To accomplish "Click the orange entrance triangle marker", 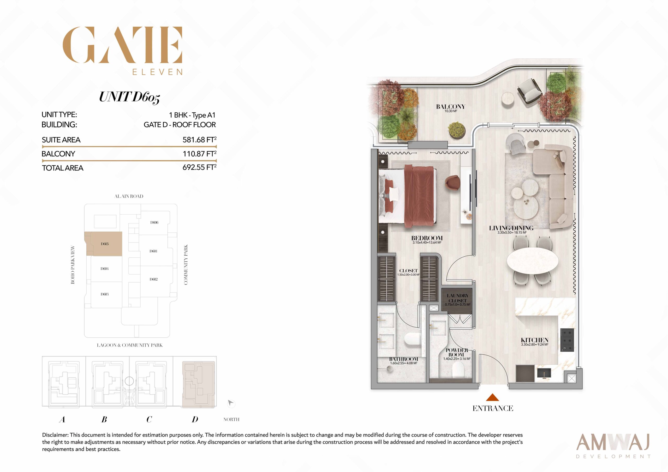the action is click(493, 397).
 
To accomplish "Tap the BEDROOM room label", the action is click(427, 238).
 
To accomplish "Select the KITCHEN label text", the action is click(534, 340).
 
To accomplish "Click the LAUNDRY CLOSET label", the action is click(457, 298).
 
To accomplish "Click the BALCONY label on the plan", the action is click(450, 107).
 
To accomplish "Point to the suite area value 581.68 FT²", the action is click(199, 140).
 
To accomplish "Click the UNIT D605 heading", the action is click(129, 97).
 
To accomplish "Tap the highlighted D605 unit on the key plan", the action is click(105, 244).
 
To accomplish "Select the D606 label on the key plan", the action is click(154, 222).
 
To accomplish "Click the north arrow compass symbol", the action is click(231, 403).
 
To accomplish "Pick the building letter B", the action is click(104, 419).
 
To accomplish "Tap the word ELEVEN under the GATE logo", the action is click(157, 72).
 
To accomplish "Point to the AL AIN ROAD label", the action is click(129, 196).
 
